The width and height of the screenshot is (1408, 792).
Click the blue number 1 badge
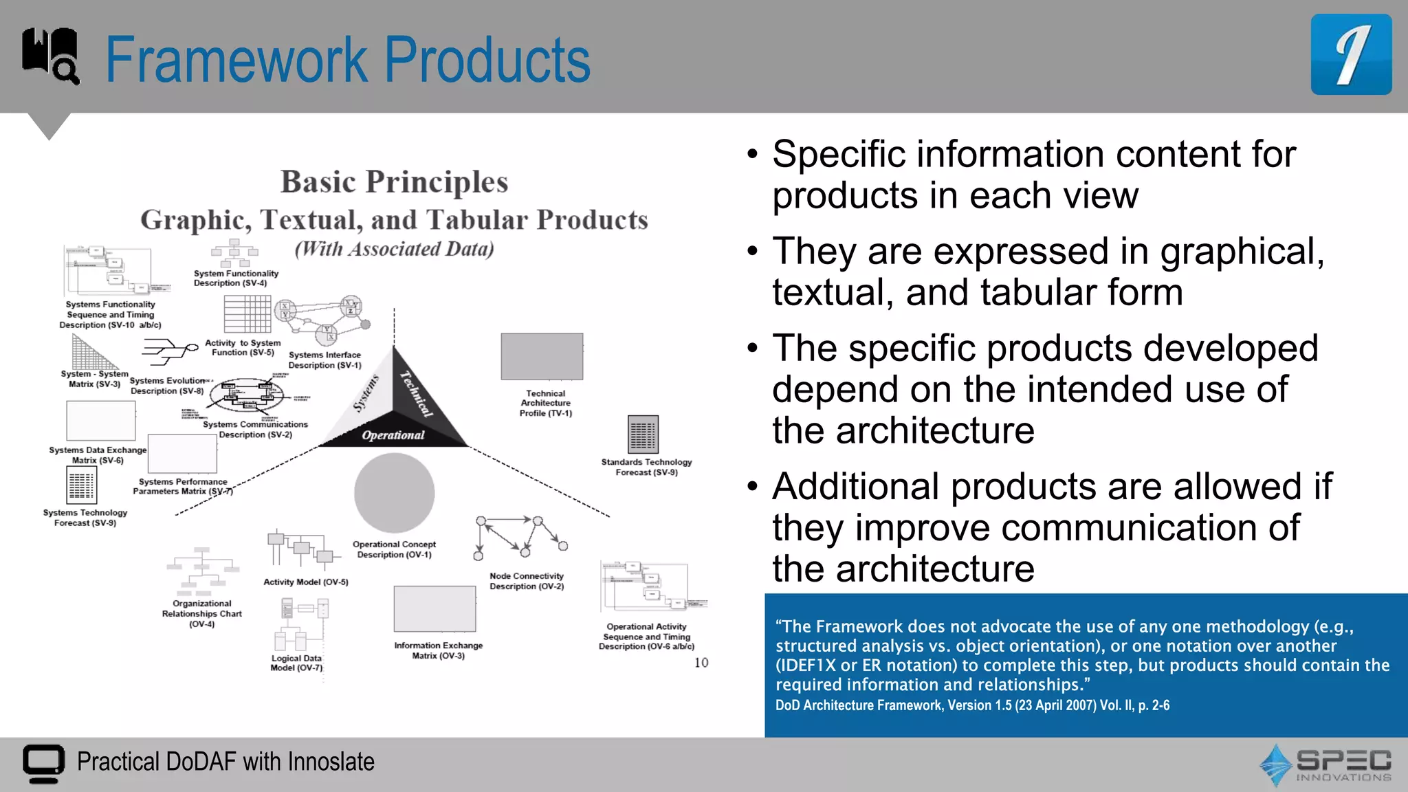(1350, 55)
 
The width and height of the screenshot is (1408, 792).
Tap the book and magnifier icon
(50, 55)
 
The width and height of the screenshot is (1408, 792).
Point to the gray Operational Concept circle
(394, 492)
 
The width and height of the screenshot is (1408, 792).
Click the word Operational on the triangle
(393, 435)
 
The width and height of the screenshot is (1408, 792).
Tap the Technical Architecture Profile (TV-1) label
(545, 404)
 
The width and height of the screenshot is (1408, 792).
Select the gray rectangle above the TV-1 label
(542, 356)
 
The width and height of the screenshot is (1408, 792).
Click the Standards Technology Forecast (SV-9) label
(646, 467)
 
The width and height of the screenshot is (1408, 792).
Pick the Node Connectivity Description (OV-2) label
(527, 581)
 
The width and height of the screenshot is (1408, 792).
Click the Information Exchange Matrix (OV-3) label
(438, 650)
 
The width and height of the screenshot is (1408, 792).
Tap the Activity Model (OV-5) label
(306, 582)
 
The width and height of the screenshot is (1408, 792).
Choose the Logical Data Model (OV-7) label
(296, 663)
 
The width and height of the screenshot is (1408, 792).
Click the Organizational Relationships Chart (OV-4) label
(201, 613)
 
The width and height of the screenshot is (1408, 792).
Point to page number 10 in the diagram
(701, 663)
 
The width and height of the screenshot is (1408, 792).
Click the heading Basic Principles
(394, 182)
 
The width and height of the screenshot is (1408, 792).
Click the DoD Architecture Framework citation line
(972, 705)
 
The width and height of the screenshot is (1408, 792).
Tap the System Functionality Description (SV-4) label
(236, 278)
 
